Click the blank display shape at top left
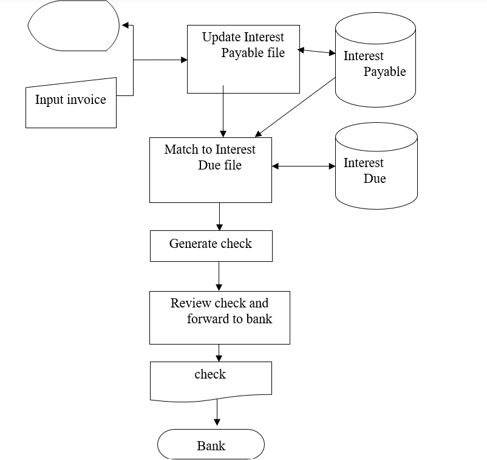[x=73, y=26]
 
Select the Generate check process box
[x=211, y=245]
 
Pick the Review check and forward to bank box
[x=219, y=317]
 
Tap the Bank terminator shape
[x=211, y=445]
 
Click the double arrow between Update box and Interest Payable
[x=317, y=52]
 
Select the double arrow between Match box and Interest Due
[x=304, y=166]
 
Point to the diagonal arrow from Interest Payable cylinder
[x=296, y=106]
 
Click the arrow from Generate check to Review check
[x=219, y=276]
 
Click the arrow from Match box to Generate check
[x=219, y=216]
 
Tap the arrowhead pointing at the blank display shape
[x=125, y=26]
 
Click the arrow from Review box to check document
[x=219, y=352]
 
